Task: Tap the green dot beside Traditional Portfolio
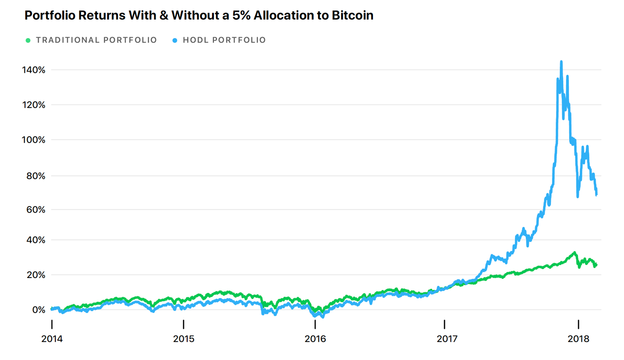tap(28, 40)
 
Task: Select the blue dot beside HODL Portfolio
tap(175, 40)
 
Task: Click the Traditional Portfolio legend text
tap(97, 40)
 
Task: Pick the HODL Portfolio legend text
tap(224, 40)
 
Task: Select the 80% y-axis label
tap(35, 175)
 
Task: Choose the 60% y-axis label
tap(35, 210)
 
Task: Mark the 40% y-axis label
tap(35, 240)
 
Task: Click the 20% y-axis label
tap(35, 275)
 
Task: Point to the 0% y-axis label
tap(38, 310)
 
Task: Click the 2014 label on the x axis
tap(52, 339)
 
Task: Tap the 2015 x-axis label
tap(184, 339)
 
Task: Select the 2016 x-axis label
tap(315, 339)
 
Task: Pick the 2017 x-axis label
tap(447, 339)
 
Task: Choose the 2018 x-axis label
tap(578, 339)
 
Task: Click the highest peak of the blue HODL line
tap(561, 62)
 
